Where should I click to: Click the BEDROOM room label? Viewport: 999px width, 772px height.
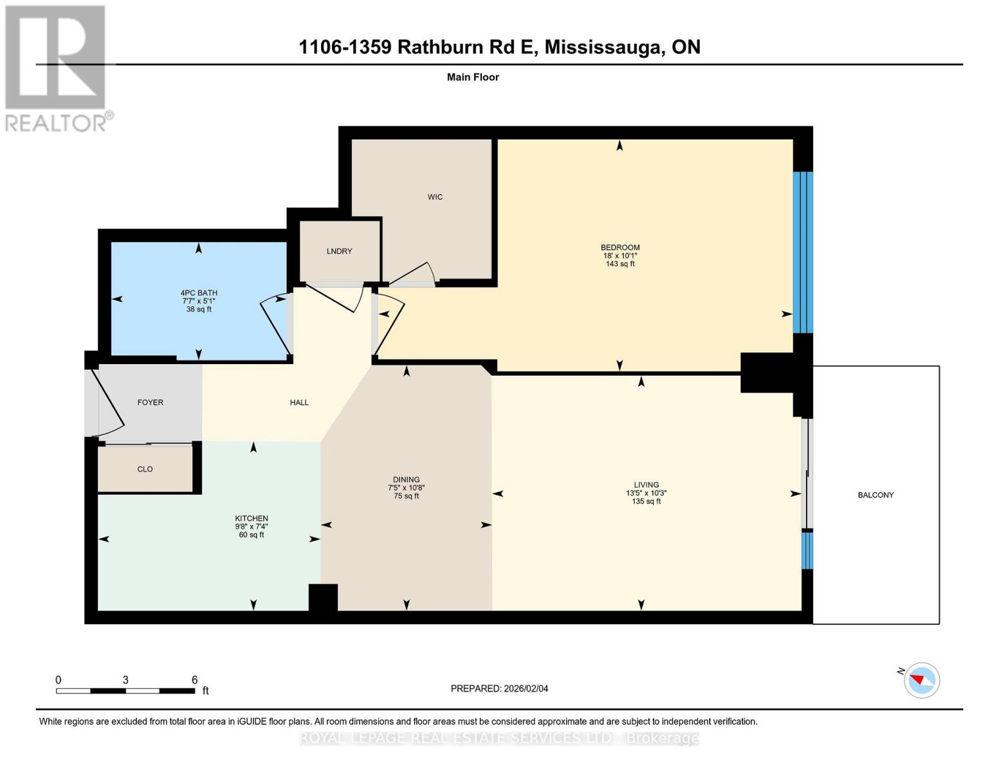619,248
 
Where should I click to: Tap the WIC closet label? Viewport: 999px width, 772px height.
435,197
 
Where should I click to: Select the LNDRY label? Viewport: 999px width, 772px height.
339,252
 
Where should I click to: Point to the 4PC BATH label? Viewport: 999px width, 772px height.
199,293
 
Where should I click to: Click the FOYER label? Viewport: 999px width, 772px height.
150,403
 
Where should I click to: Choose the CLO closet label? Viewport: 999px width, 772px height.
145,470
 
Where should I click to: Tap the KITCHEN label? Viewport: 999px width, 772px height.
251,519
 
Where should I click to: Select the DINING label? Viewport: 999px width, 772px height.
406,480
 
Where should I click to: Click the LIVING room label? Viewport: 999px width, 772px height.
646,485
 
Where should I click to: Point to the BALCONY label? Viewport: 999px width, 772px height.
875,495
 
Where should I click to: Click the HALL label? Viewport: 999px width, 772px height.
299,403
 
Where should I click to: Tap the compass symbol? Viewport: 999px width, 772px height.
921,680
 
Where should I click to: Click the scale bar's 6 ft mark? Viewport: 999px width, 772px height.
194,681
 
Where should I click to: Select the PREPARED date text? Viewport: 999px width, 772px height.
499,688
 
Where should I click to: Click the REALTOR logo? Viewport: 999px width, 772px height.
56,68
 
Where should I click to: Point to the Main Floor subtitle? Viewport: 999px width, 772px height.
473,77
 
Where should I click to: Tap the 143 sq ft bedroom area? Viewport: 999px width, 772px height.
619,264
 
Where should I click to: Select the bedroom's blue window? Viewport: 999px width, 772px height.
802,252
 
